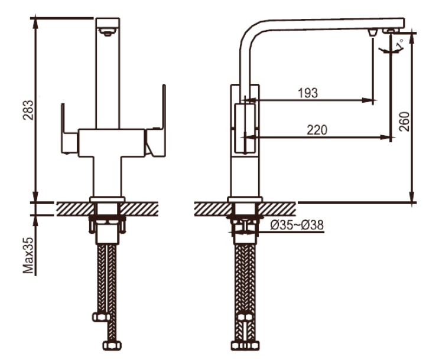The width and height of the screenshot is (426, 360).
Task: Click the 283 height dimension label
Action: tap(28, 110)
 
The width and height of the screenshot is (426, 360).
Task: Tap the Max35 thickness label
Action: tap(28, 256)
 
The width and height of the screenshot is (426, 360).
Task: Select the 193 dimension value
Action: tap(308, 93)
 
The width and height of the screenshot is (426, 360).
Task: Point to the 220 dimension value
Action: tap(317, 130)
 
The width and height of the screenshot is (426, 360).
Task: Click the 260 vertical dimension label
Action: tap(404, 122)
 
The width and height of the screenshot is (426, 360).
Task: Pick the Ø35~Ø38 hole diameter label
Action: tap(297, 225)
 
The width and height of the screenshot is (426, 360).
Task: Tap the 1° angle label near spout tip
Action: tap(399, 45)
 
